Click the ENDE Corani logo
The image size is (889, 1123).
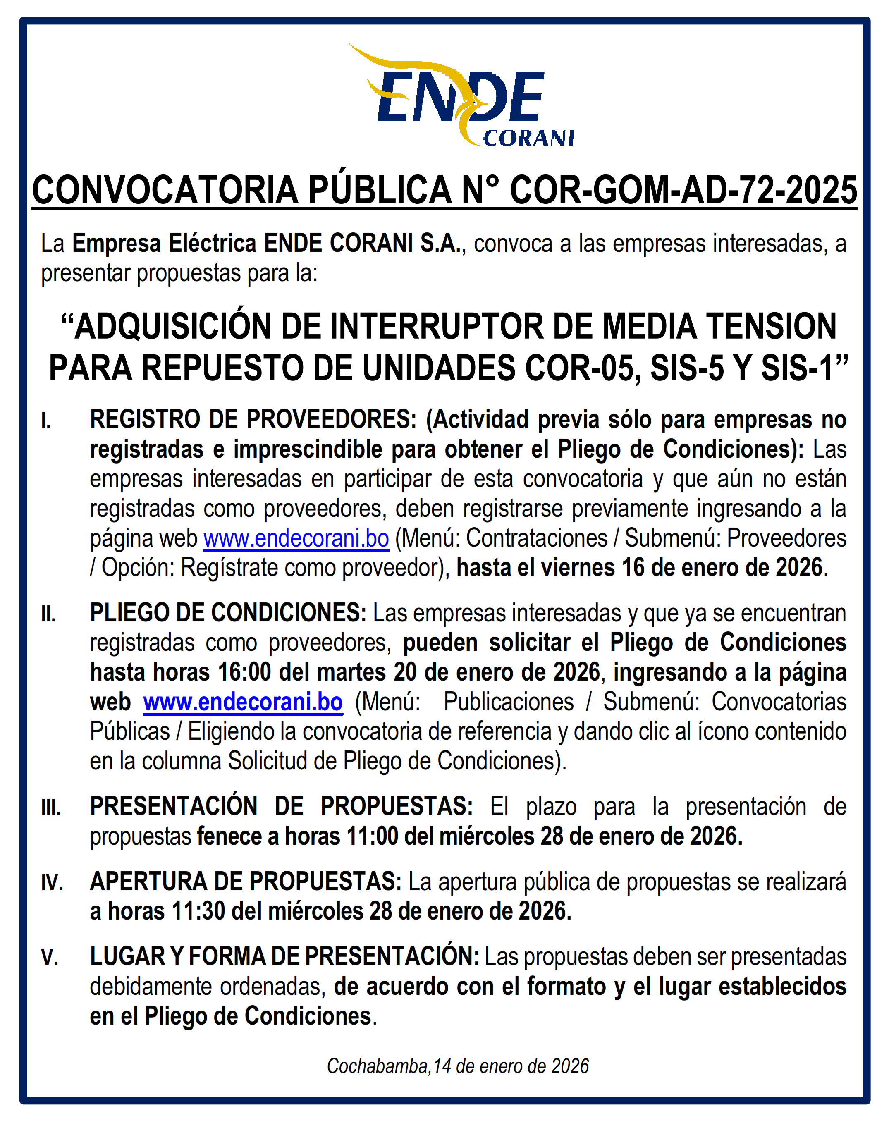point(461,96)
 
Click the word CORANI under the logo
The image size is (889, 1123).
point(528,139)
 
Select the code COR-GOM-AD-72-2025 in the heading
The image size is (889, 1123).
point(683,191)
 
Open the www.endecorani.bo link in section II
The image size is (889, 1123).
point(243,702)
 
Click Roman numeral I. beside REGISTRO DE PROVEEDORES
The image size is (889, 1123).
point(46,421)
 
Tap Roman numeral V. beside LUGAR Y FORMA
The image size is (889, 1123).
point(50,958)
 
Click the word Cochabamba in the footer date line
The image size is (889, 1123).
point(378,1066)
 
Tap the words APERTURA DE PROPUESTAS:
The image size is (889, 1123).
point(246,882)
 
